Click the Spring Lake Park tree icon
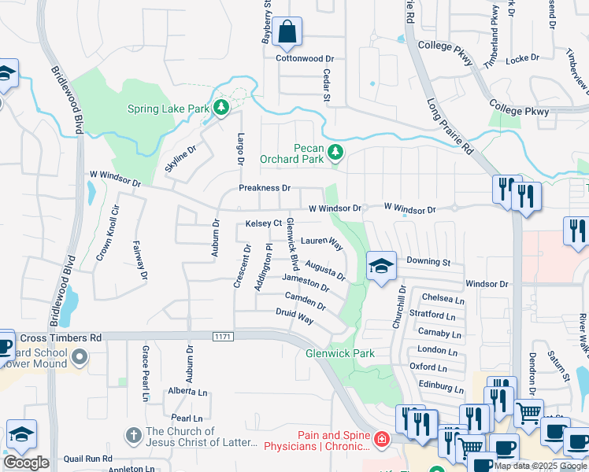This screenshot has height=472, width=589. pos(221,106)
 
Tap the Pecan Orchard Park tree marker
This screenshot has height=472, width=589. pos(337,150)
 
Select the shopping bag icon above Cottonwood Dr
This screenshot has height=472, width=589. pos(289,34)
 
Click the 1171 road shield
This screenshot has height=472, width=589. pos(222,337)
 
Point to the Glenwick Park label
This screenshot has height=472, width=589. pos(340,353)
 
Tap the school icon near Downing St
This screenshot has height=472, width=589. pos(381,267)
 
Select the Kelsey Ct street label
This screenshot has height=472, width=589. pos(263,223)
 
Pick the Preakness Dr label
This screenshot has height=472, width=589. pos(265,189)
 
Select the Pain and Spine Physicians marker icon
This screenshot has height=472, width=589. pos(382,439)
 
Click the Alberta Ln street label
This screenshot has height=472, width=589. pos(187,391)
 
